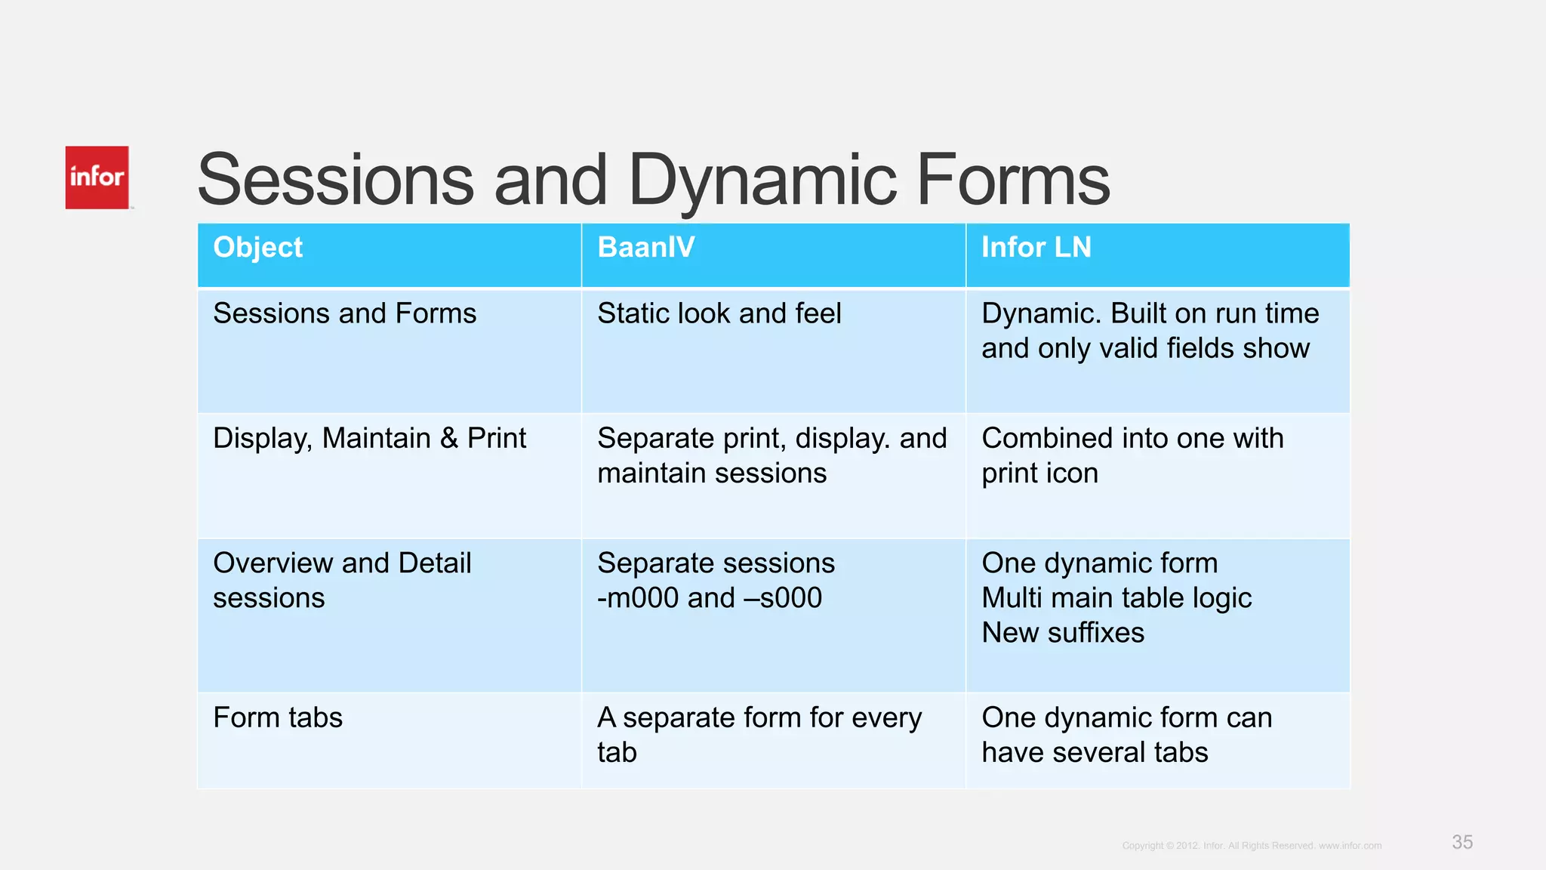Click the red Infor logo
click(x=97, y=177)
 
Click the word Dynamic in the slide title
click(x=762, y=181)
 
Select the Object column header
click(x=257, y=248)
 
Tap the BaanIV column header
click(x=645, y=248)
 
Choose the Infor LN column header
click(x=1036, y=248)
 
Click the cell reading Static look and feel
click(x=719, y=313)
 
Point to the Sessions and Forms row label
click(x=344, y=313)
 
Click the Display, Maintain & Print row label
click(x=369, y=439)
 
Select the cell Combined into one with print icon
click(x=1132, y=455)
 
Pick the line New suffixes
click(x=1062, y=633)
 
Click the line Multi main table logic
click(x=1116, y=598)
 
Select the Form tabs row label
click(x=278, y=717)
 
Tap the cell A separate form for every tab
click(x=759, y=734)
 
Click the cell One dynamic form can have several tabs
click(x=1126, y=734)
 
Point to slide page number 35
click(x=1461, y=842)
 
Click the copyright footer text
click(x=1251, y=846)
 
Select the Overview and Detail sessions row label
click(x=341, y=580)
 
